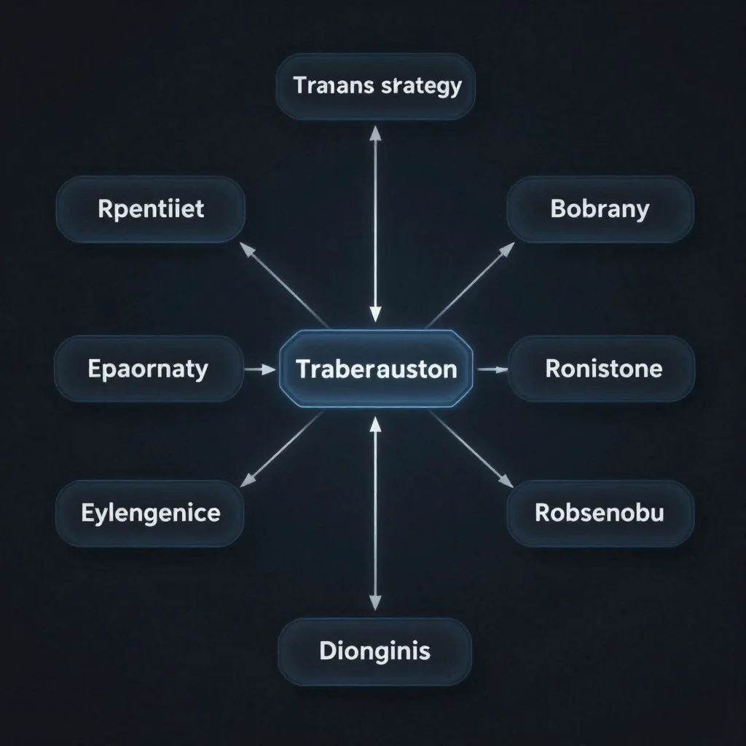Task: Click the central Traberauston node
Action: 376,369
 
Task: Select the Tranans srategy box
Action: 376,86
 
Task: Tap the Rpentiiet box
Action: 150,209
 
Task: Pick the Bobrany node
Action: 600,209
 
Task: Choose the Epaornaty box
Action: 149,369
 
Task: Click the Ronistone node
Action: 602,369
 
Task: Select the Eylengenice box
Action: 150,513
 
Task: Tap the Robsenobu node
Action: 600,513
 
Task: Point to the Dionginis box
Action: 374,651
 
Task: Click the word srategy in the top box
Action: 421,86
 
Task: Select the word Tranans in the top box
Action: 334,86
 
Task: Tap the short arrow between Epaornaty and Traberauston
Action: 259,369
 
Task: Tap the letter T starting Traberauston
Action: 302,369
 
